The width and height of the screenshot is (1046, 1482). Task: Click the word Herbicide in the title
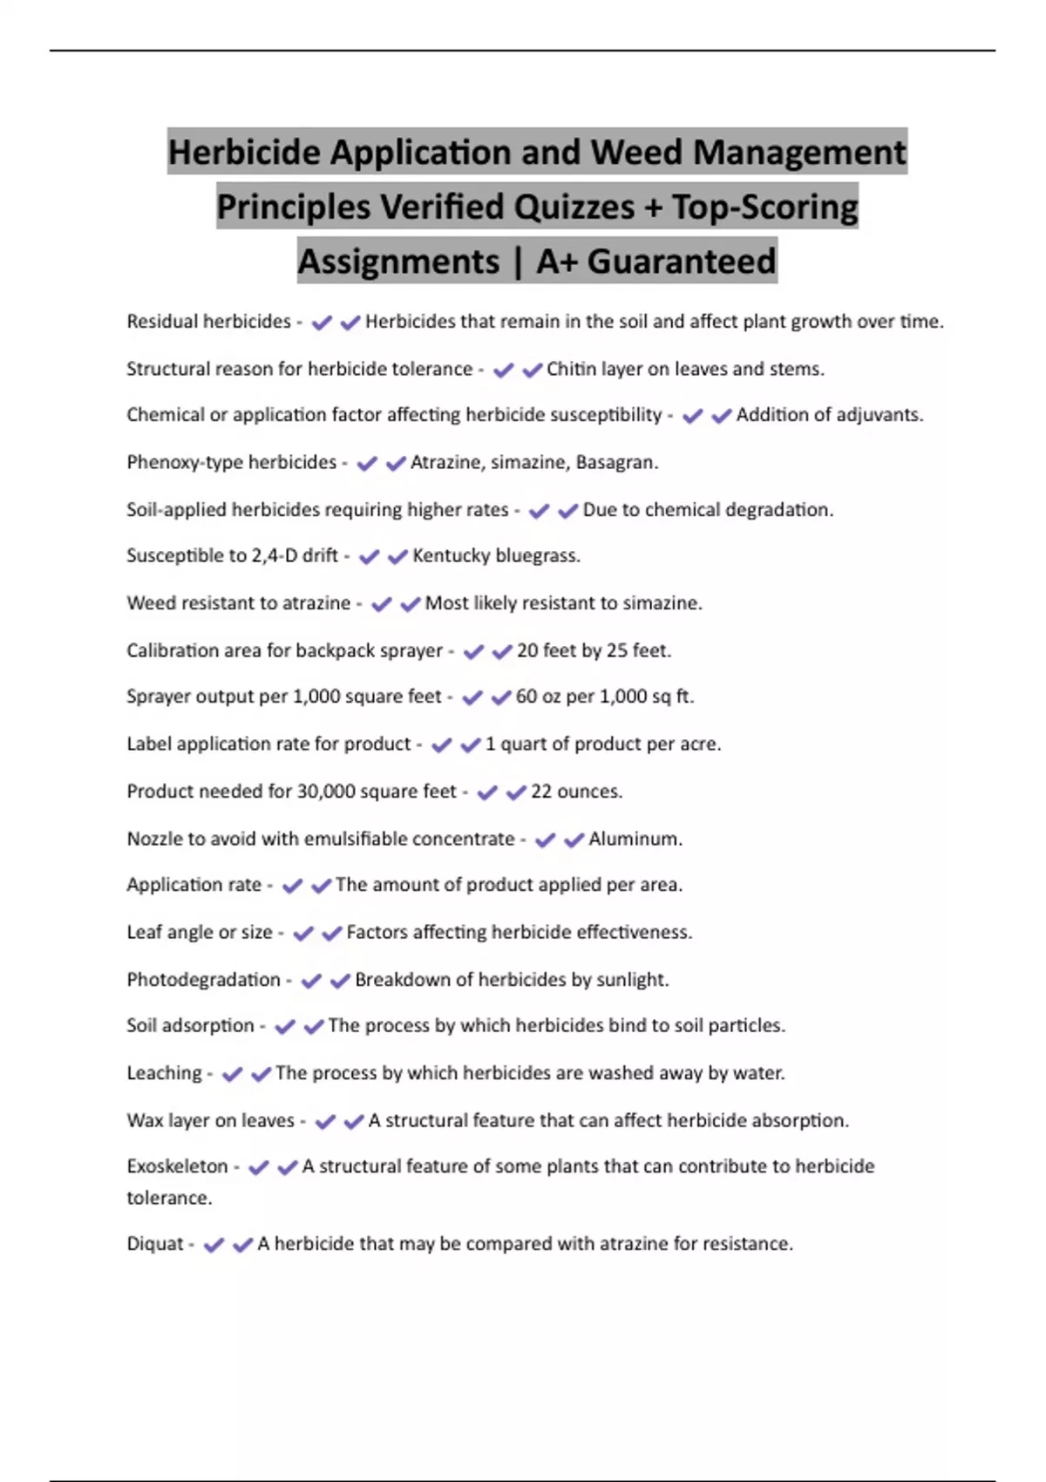(x=244, y=153)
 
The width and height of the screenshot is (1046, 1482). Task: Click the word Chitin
(x=571, y=369)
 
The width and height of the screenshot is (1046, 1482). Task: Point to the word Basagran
(x=616, y=462)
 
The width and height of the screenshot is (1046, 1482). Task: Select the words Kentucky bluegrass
(x=495, y=555)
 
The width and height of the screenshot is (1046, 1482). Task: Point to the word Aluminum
(x=635, y=839)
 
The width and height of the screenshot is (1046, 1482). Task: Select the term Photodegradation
(x=203, y=980)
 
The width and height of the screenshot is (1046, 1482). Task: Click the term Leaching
(x=164, y=1073)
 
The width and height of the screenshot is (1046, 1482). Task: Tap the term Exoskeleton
(x=177, y=1166)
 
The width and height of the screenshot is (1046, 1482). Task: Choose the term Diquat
(x=155, y=1244)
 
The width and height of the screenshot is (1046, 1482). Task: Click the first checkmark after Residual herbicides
(x=322, y=323)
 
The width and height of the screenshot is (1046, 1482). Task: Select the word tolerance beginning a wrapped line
(x=168, y=1198)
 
